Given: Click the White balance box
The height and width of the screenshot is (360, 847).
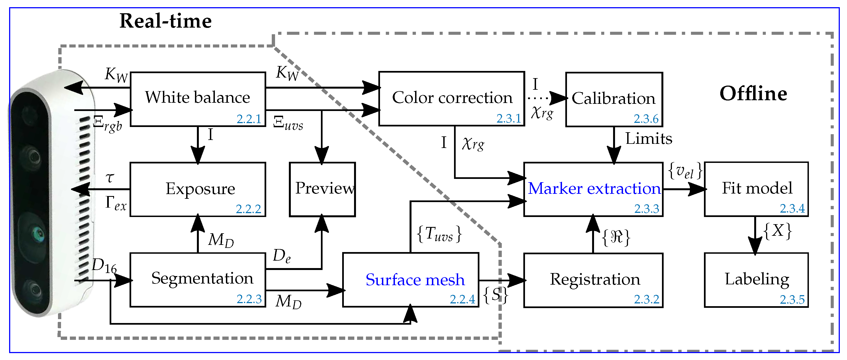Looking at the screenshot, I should click(198, 99).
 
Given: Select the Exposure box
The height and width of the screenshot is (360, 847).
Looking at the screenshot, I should click(198, 189).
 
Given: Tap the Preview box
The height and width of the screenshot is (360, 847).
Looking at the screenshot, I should click(322, 189).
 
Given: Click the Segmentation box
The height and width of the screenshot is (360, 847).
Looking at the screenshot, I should click(198, 279).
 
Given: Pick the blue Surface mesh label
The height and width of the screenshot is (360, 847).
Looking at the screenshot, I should click(415, 280).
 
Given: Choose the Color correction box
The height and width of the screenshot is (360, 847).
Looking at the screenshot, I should click(452, 98).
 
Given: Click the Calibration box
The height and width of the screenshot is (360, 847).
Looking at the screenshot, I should click(614, 99).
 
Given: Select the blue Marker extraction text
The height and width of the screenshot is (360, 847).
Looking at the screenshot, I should click(594, 188).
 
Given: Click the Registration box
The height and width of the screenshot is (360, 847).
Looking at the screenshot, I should click(593, 280).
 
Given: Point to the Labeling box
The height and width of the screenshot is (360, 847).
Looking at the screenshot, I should click(756, 279).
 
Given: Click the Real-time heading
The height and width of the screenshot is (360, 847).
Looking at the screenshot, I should click(165, 21).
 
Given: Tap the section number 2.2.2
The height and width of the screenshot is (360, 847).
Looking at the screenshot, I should click(248, 209).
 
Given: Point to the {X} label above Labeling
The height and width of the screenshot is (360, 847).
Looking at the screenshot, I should click(777, 231).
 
